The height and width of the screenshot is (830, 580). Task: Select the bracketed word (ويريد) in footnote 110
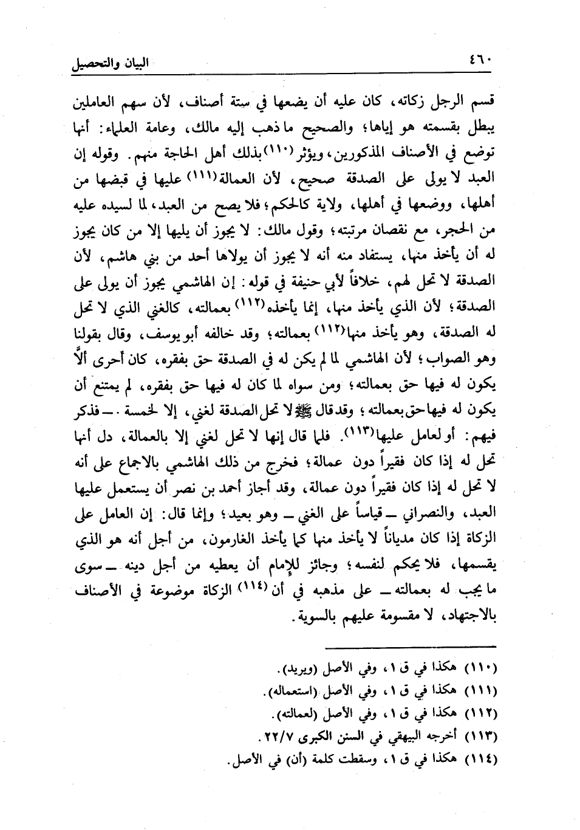click(296, 670)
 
